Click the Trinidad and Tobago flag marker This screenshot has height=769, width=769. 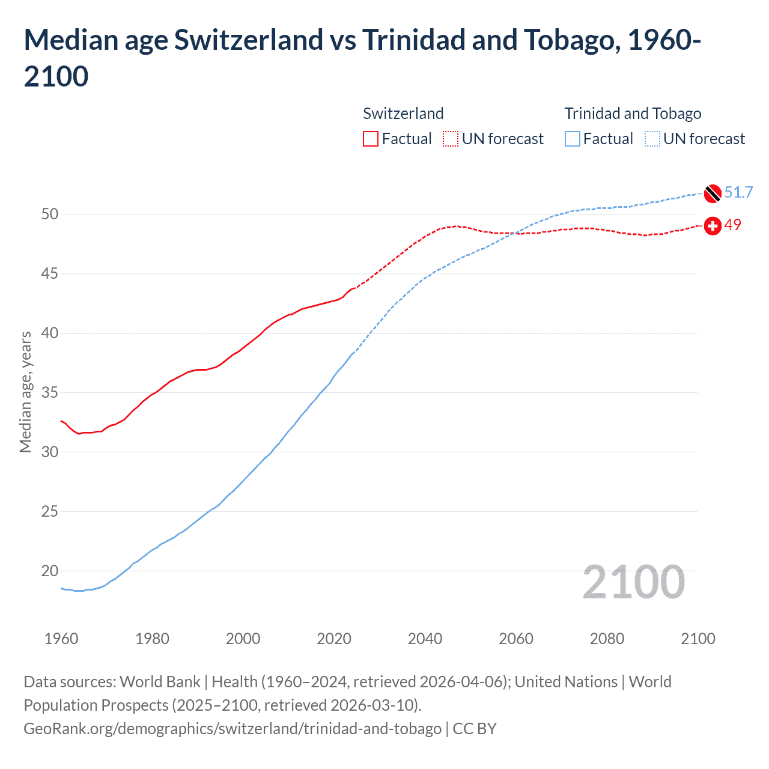(713, 193)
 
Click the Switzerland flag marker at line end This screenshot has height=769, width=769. (713, 226)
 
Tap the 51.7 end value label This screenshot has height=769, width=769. (738, 192)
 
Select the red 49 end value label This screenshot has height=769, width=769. (732, 225)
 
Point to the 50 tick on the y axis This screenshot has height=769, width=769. (50, 214)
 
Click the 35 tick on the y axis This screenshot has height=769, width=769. (50, 393)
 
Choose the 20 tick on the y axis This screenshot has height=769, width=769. (50, 571)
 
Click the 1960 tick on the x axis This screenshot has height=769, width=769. (61, 639)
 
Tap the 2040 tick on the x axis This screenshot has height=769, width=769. (425, 639)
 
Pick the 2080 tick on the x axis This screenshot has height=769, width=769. (607, 639)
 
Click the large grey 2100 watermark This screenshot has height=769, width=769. (633, 582)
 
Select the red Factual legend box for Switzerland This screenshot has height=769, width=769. (371, 139)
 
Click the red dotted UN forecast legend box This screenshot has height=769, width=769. (451, 139)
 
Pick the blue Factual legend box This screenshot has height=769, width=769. (573, 139)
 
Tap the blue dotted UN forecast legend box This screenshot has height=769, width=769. (652, 139)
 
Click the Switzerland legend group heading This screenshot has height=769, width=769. (403, 114)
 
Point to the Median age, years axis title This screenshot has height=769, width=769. (25, 392)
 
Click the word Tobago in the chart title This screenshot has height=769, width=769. (571, 40)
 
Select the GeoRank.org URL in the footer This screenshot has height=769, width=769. (233, 729)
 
